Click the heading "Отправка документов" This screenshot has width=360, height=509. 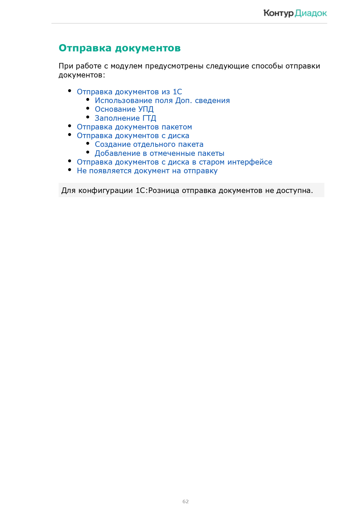pyautogui.click(x=120, y=48)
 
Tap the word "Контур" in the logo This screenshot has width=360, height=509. pyautogui.click(x=278, y=13)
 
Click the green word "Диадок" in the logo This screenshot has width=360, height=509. pyautogui.click(x=311, y=13)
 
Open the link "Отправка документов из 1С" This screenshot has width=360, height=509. pyautogui.click(x=129, y=92)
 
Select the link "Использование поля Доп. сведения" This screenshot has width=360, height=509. pyautogui.click(x=162, y=101)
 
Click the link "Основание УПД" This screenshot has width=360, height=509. pyautogui.click(x=124, y=109)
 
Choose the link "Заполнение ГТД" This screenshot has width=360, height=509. pyautogui.click(x=125, y=118)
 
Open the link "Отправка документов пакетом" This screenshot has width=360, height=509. pyautogui.click(x=134, y=127)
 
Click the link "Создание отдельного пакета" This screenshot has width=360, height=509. pyautogui.click(x=149, y=145)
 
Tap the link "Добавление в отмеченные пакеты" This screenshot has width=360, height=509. pyautogui.click(x=160, y=154)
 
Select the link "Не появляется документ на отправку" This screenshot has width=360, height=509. pyautogui.click(x=147, y=171)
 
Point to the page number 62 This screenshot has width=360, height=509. pyautogui.click(x=186, y=501)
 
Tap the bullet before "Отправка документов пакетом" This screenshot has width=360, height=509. pyautogui.click(x=70, y=126)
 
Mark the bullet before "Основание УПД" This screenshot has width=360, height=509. pyautogui.click(x=88, y=108)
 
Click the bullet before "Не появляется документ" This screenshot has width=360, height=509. pyautogui.click(x=70, y=170)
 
